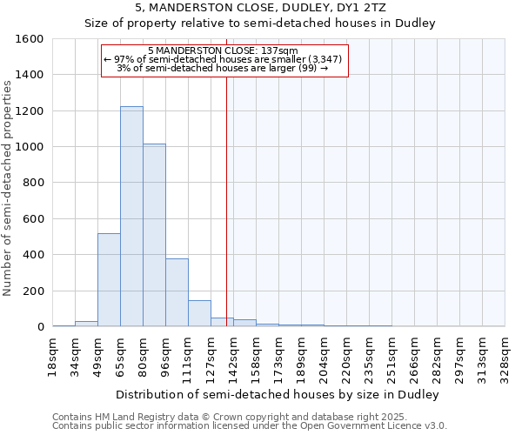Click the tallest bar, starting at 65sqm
[131, 217]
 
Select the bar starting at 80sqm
[154, 235]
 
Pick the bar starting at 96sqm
[177, 292]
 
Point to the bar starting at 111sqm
[199, 313]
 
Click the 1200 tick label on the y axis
[28, 111]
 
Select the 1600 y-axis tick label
[28, 39]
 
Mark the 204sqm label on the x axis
[325, 356]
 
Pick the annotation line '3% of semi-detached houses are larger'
[222, 69]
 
